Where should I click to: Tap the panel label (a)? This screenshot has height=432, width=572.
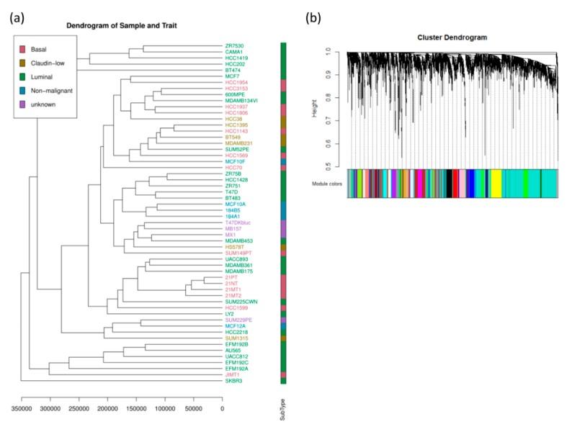coord(19,19)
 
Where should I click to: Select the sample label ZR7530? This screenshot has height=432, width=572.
coord(236,45)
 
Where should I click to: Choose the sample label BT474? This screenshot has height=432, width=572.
coord(234,69)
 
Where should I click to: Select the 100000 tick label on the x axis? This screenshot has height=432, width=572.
coord(164,408)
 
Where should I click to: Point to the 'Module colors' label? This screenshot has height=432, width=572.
coord(329,183)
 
